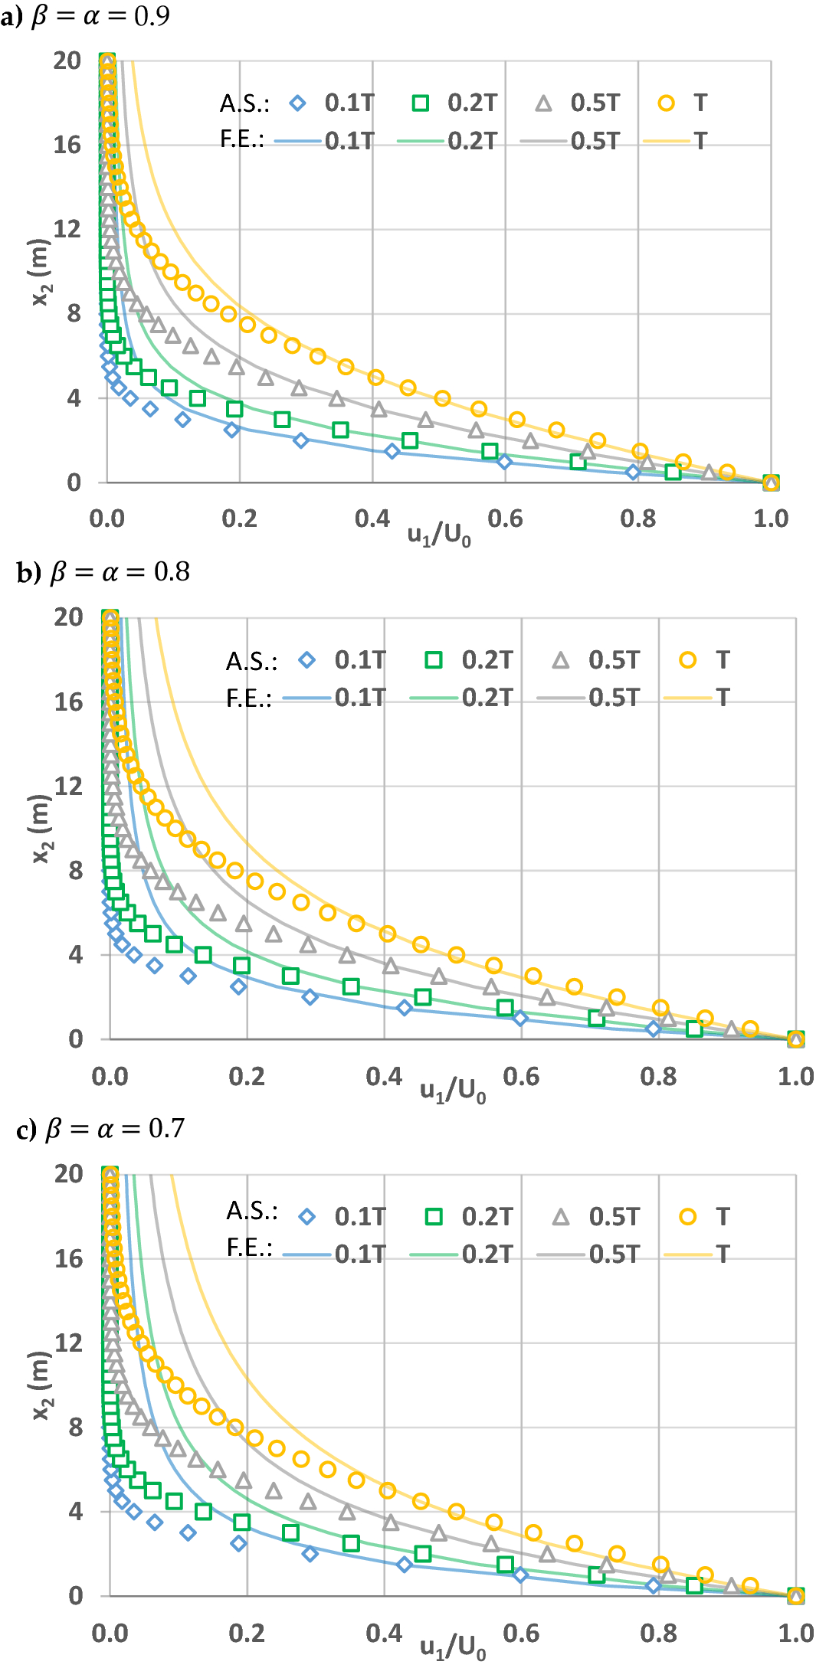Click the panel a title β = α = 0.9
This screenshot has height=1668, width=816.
[x=100, y=16]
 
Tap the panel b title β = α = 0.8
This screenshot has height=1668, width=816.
[x=119, y=572]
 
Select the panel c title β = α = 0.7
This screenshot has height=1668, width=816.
[x=115, y=1129]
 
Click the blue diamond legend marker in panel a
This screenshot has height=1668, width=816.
[x=298, y=103]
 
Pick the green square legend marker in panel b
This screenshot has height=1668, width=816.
[x=434, y=660]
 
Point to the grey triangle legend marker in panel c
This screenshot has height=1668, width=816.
[x=561, y=1217]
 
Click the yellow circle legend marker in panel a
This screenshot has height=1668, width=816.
[x=667, y=103]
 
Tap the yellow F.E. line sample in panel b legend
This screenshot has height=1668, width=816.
[x=687, y=698]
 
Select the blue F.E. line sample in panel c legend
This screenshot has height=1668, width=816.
[x=306, y=1254]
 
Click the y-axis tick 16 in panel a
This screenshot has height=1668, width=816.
[x=67, y=145]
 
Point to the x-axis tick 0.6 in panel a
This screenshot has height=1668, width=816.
[x=505, y=519]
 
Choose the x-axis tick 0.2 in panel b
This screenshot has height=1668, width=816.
[x=247, y=1077]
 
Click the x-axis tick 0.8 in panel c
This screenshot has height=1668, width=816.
[x=658, y=1634]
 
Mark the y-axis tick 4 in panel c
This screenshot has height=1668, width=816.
[x=74, y=1512]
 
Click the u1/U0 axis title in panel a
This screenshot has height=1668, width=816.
[x=439, y=535]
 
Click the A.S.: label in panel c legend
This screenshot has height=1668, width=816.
[x=251, y=1211]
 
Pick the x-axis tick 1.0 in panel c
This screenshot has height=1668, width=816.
[x=795, y=1634]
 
